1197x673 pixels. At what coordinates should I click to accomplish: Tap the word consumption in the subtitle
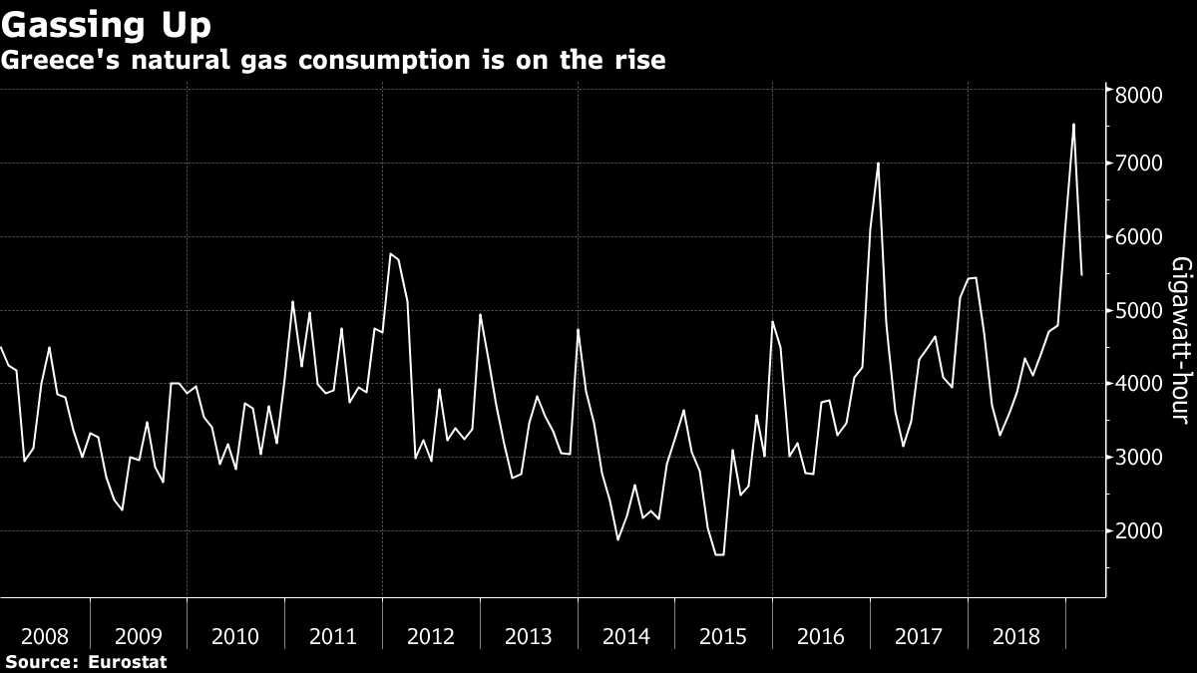click(x=357, y=60)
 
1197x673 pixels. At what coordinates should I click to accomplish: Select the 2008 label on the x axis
click(x=45, y=636)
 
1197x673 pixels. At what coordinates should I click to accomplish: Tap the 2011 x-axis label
click(x=333, y=636)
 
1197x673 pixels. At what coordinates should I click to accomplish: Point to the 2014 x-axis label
click(x=626, y=636)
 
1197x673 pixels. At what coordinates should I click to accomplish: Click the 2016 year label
click(x=822, y=636)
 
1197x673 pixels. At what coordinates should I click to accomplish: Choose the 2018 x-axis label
click(x=1017, y=636)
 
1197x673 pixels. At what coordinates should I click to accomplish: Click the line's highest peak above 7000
click(x=1073, y=125)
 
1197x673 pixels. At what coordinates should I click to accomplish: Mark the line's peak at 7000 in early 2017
click(x=878, y=164)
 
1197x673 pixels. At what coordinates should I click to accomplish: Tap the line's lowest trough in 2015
click(x=718, y=554)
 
